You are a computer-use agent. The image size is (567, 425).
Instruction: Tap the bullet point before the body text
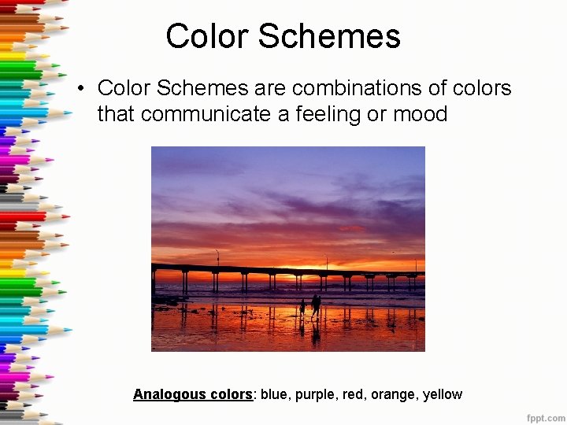point(81,89)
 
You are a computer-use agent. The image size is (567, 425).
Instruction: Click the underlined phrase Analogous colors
point(192,394)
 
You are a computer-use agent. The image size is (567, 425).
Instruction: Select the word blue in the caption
point(274,394)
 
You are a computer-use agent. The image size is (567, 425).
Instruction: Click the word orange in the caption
point(393,394)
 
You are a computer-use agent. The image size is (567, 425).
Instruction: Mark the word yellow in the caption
point(443,394)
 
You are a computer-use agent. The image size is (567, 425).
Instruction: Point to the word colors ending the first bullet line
point(482,88)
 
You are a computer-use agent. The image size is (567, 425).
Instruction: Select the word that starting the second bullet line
point(116,114)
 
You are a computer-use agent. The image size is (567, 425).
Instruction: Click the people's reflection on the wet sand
point(313,331)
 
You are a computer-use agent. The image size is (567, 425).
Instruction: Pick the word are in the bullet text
point(269,88)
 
